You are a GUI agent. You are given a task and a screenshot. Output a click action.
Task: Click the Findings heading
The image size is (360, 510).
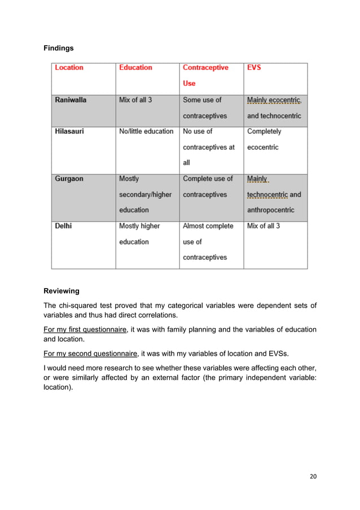(x=59, y=49)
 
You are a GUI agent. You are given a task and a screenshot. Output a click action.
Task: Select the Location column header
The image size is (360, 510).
(x=69, y=68)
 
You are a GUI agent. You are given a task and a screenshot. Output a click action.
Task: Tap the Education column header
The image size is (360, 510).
(x=135, y=68)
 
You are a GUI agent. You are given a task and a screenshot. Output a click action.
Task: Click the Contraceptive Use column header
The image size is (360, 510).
(x=205, y=75)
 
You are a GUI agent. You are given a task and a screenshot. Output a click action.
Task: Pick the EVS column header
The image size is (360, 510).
(x=254, y=68)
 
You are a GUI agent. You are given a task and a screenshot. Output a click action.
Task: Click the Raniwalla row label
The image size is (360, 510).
(x=71, y=100)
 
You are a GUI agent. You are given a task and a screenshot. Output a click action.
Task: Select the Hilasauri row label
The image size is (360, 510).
(x=69, y=132)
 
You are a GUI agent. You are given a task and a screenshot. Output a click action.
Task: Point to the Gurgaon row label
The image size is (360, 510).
(x=69, y=179)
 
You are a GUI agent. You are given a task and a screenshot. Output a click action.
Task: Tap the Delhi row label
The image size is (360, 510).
(x=63, y=226)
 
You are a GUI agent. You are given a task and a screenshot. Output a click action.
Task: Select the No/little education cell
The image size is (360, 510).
(x=146, y=132)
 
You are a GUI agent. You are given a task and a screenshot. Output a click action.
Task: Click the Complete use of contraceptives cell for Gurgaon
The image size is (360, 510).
(x=208, y=186)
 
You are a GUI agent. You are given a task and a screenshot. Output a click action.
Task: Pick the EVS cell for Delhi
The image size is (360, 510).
(x=264, y=226)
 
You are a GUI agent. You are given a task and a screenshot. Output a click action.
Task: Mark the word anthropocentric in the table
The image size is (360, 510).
(x=271, y=210)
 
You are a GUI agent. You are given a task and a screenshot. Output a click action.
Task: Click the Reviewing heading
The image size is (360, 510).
(x=62, y=291)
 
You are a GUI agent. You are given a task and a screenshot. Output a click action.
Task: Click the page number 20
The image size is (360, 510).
(x=313, y=476)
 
